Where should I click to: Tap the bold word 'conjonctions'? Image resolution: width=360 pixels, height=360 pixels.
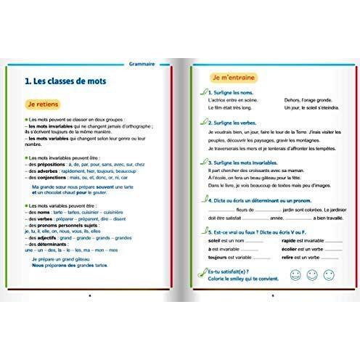pos(52,177)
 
